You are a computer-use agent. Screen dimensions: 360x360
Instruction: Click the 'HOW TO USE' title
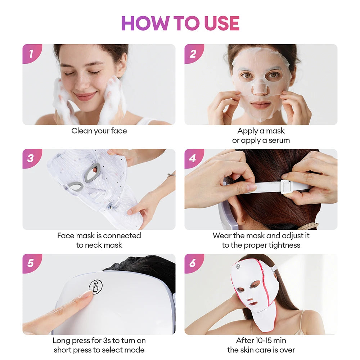click(180, 23)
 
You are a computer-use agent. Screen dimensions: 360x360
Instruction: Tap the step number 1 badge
click(31, 54)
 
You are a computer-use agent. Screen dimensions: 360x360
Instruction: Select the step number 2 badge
click(193, 54)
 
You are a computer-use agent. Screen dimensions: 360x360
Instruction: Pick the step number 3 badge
click(31, 158)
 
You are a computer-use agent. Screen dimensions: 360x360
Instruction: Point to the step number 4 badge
click(193, 158)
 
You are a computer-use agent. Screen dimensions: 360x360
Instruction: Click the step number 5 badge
click(31, 263)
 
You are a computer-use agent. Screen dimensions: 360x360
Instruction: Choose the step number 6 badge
click(193, 263)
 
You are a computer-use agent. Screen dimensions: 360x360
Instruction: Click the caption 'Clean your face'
click(99, 131)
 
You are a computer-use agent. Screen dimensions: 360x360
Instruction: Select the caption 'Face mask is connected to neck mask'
click(99, 240)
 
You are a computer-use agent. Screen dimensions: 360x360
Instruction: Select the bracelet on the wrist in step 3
click(171, 175)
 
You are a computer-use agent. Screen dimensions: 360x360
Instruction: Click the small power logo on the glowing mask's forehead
click(238, 267)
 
